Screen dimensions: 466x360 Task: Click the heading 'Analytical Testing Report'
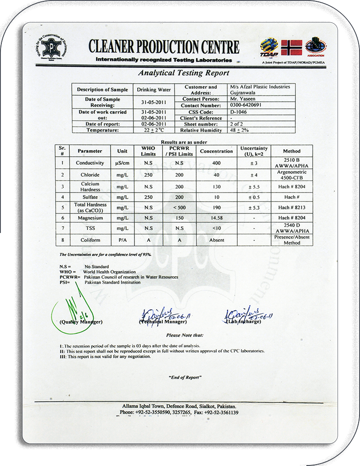click(184, 73)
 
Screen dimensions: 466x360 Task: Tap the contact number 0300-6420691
click(246, 106)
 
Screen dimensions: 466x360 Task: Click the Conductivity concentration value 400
click(216, 163)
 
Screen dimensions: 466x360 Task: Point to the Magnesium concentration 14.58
click(216, 218)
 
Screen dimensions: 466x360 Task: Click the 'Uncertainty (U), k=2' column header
click(253, 151)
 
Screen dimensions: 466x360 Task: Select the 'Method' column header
click(292, 151)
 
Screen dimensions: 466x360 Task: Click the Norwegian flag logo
click(292, 47)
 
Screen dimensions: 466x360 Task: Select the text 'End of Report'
click(185, 377)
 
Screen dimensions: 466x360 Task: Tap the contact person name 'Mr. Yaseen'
click(243, 99)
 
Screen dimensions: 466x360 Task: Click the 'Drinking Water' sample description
click(153, 89)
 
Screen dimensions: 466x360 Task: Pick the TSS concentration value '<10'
click(216, 228)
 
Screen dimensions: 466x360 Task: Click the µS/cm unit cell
click(122, 163)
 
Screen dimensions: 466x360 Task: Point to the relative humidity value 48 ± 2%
click(240, 131)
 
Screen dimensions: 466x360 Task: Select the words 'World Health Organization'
click(109, 272)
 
